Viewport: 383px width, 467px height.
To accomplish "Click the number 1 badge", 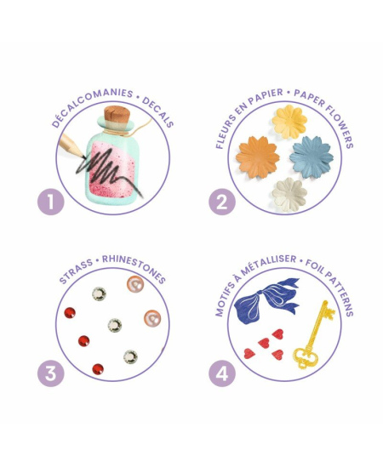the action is [51, 202].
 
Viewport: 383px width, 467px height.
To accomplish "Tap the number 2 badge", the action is [222, 202].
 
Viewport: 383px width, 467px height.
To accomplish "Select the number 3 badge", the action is [51, 373].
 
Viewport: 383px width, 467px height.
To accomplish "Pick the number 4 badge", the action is [222, 373].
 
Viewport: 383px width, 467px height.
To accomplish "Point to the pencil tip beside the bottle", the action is [83, 155].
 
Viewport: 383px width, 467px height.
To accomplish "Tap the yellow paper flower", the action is [289, 122].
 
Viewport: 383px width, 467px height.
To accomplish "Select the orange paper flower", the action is [258, 157].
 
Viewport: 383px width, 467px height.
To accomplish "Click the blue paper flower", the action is [312, 157].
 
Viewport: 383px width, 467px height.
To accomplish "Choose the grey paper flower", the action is [289, 195].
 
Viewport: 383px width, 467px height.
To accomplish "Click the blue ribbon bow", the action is [266, 300].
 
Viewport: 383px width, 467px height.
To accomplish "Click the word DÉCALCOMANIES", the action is [91, 105].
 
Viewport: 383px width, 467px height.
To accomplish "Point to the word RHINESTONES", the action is [134, 268].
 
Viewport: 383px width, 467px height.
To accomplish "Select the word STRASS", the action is [76, 271].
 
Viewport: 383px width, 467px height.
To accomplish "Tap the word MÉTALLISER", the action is [269, 264].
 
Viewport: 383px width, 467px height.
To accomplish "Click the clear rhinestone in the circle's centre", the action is [115, 325].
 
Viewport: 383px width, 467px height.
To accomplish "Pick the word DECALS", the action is [158, 111].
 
